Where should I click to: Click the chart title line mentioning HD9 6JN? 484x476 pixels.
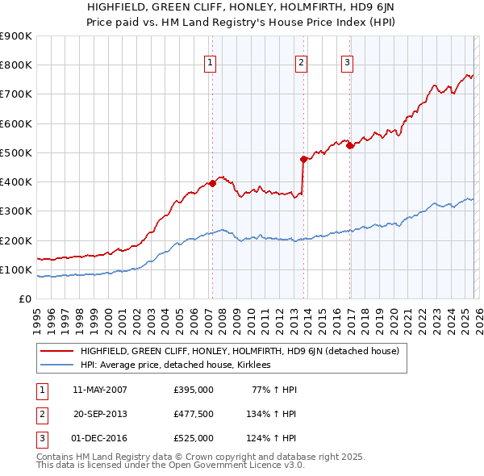point(241,7)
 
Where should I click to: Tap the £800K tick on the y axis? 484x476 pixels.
point(16,65)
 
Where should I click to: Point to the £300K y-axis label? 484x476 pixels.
point(16,211)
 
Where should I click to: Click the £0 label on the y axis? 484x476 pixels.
point(24,299)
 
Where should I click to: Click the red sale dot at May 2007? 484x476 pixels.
point(212,183)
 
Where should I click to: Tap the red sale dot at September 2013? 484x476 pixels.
point(303,159)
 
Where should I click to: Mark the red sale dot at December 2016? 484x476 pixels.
point(349,145)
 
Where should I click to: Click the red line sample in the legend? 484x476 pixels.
point(56,351)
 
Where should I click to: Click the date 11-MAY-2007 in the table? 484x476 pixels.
point(100,390)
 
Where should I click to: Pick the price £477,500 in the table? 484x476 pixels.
point(194,414)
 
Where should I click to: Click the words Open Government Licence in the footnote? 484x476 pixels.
point(240,466)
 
